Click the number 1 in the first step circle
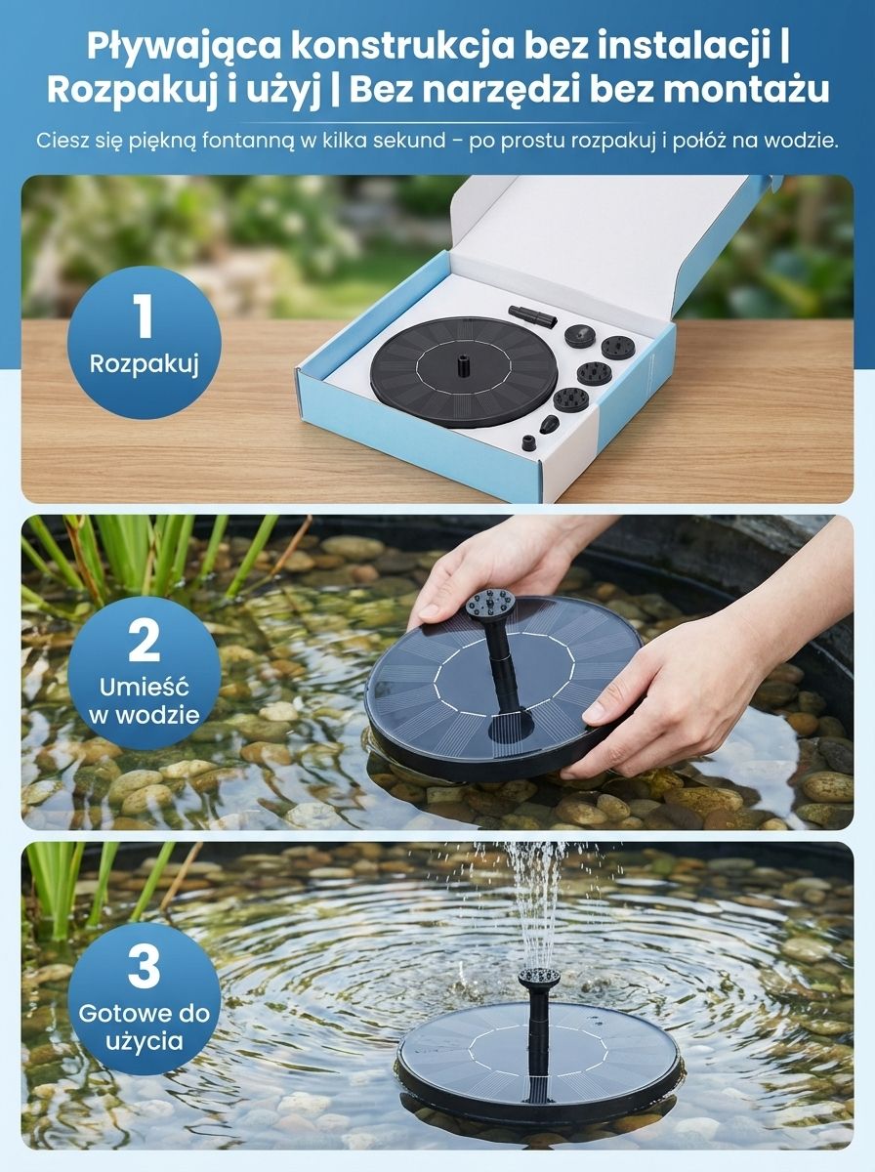pyautogui.click(x=144, y=317)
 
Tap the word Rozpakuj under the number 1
pyautogui.click(x=145, y=364)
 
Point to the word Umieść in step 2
pyautogui.click(x=145, y=688)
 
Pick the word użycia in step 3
pyautogui.click(x=145, y=1042)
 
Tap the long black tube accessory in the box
pyautogui.click(x=531, y=316)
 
